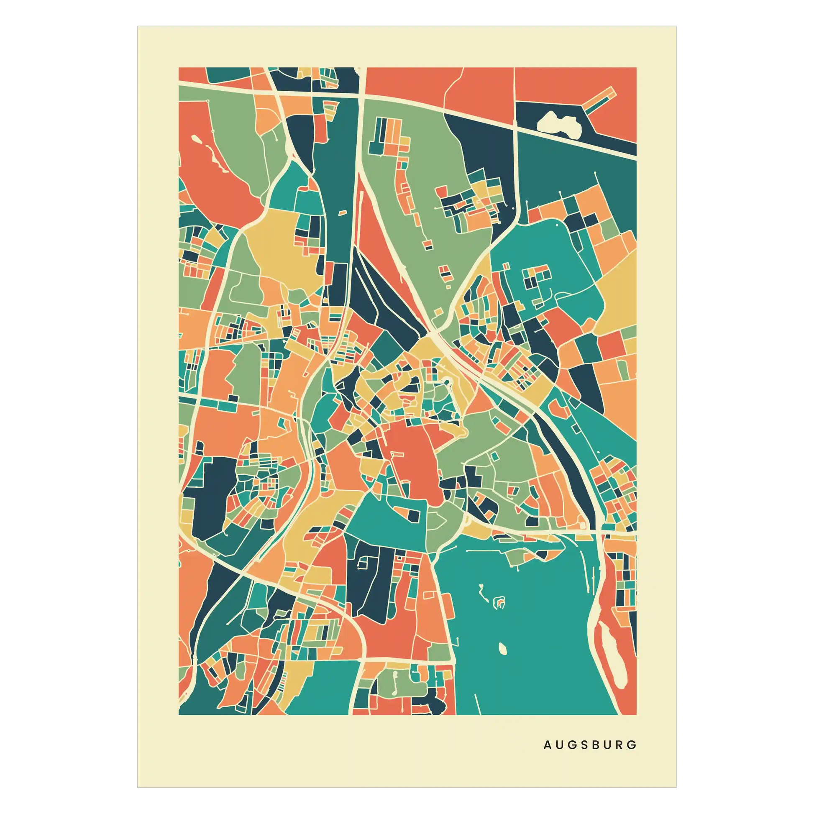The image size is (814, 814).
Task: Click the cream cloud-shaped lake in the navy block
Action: coord(560,123)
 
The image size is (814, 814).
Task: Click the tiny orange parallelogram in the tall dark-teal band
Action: coord(343,212)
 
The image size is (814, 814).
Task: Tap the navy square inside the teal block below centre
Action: coord(414,515)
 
